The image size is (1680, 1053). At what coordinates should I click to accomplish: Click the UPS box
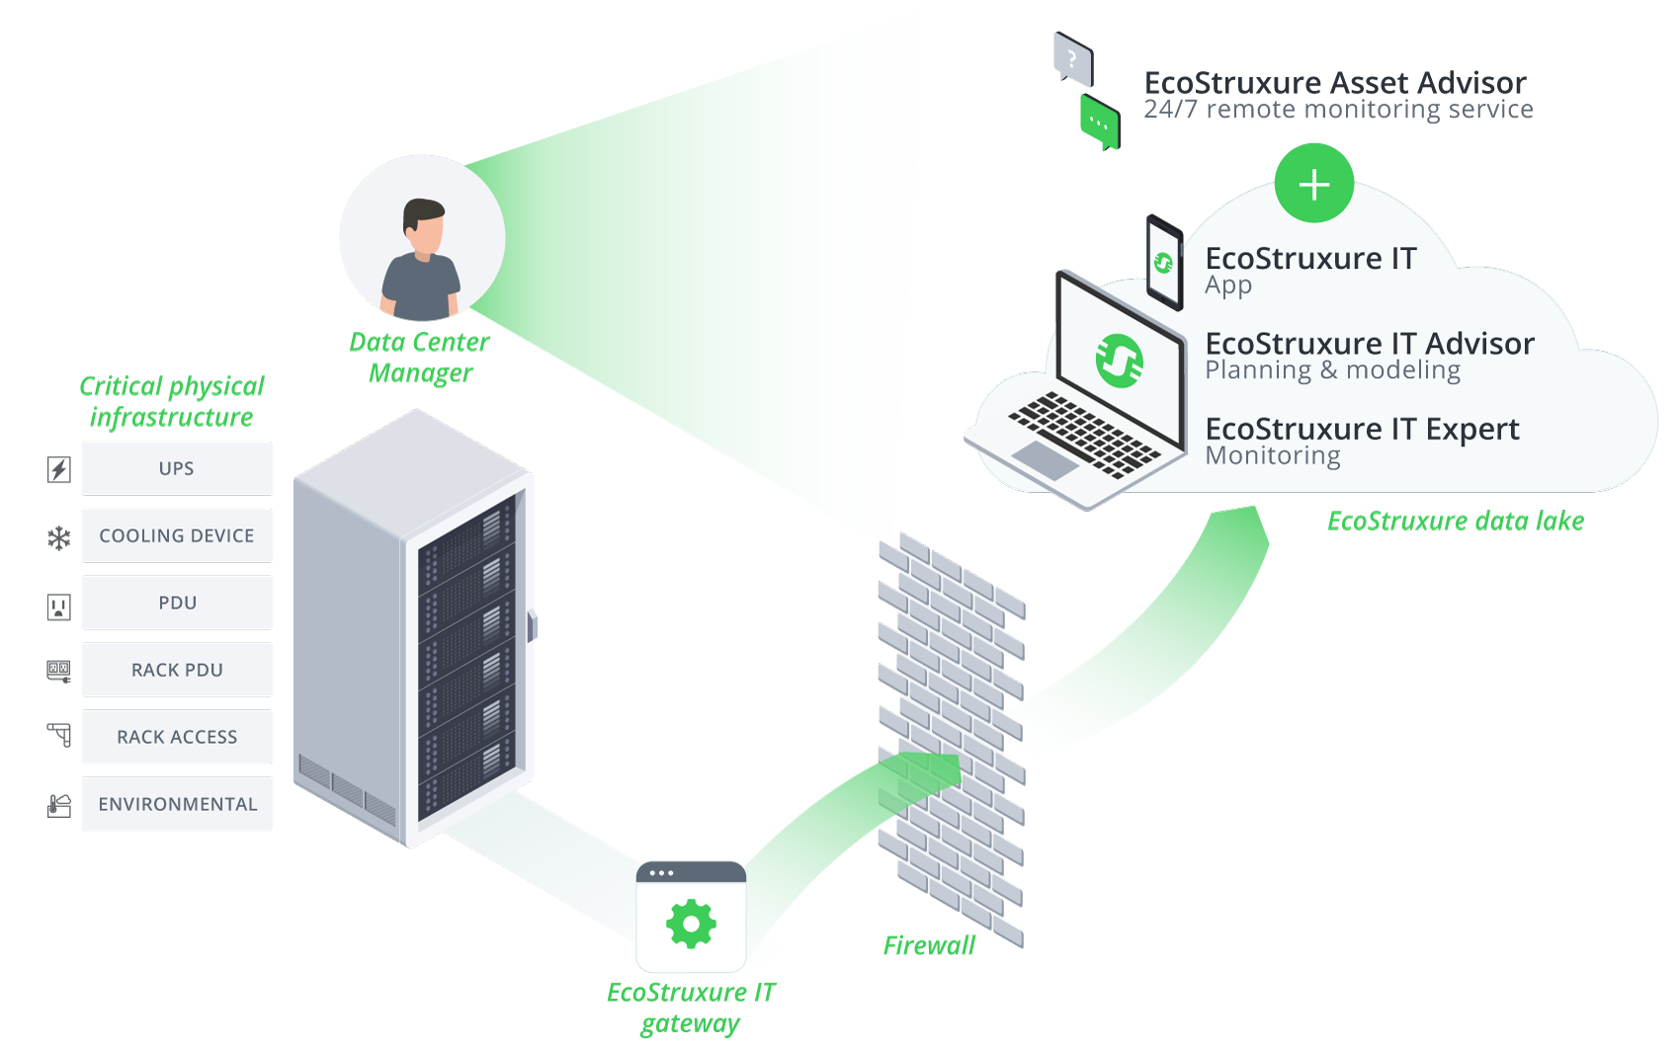coord(177,468)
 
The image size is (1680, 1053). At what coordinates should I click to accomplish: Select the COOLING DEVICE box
coord(177,535)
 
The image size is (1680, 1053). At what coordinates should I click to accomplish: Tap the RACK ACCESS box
coord(177,737)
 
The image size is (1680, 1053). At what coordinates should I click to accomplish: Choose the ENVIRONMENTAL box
coord(177,804)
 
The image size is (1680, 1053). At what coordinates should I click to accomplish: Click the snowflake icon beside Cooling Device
coord(59,537)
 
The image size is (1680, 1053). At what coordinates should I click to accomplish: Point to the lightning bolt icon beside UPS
coord(59,469)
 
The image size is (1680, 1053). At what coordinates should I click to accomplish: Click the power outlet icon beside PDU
coord(59,606)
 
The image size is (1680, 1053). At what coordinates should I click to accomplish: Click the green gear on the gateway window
coord(691,925)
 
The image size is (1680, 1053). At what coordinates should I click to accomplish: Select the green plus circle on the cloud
coord(1313,185)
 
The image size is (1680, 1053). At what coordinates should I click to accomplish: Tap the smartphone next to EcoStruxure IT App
coord(1164,263)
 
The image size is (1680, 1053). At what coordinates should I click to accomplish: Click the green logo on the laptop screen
coord(1120,361)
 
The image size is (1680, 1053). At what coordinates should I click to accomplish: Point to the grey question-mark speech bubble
coord(1073,58)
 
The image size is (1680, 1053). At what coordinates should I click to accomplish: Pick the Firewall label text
coord(929,945)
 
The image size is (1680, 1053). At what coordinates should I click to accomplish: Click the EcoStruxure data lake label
coord(1455,521)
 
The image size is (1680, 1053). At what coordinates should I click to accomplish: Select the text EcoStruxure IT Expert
coord(1362,429)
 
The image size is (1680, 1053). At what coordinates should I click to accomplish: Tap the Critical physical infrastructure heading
coord(172,401)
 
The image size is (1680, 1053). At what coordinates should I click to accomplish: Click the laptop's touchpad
coord(1046,459)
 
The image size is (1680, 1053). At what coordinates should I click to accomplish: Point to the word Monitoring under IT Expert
coord(1273,455)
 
